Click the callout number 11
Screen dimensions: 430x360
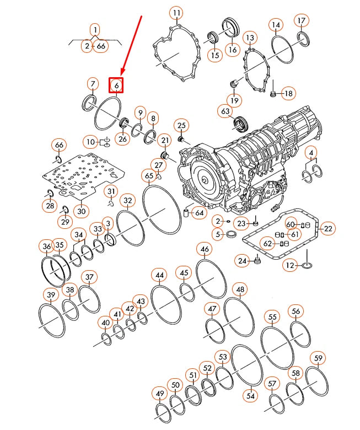pyautogui.click(x=176, y=13)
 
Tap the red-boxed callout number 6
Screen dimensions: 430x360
pyautogui.click(x=116, y=85)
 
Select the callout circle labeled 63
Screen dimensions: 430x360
pyautogui.click(x=224, y=112)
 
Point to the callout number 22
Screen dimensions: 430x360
pyautogui.click(x=328, y=228)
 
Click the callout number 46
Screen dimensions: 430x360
pyautogui.click(x=205, y=250)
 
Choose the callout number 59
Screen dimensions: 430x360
pyautogui.click(x=318, y=358)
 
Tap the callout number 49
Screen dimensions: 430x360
pyautogui.click(x=160, y=394)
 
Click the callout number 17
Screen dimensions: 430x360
pyautogui.click(x=301, y=21)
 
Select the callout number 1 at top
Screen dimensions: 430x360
pyautogui.click(x=95, y=30)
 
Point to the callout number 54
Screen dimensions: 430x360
pyautogui.click(x=251, y=395)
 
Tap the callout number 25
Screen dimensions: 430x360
pyautogui.click(x=181, y=126)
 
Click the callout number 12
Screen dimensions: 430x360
pyautogui.click(x=291, y=266)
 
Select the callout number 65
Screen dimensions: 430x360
pyautogui.click(x=149, y=176)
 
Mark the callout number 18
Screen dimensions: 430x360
pyautogui.click(x=288, y=94)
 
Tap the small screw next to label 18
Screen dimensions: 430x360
pyautogui.click(x=272, y=94)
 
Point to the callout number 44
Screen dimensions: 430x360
pyautogui.click(x=159, y=275)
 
